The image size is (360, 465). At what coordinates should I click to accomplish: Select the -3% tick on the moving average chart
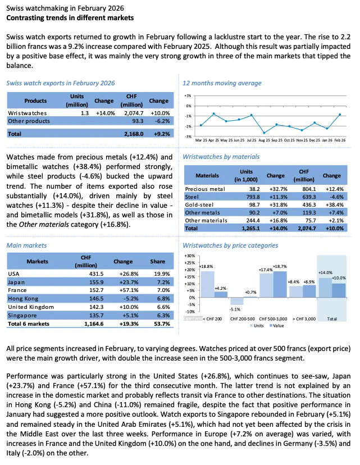tap(188, 136)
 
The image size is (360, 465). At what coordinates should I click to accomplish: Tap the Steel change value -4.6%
tap(332, 198)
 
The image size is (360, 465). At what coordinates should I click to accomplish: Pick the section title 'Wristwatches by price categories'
tap(230, 245)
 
